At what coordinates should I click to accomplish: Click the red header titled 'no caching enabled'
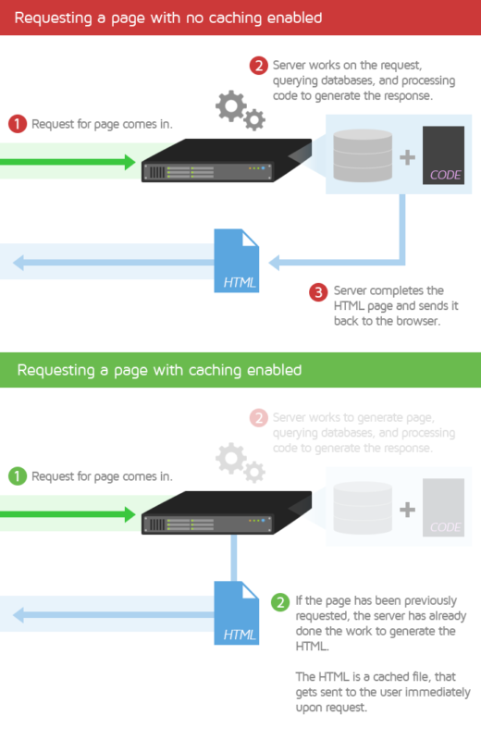(x=240, y=18)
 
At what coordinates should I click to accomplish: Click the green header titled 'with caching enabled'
(x=240, y=370)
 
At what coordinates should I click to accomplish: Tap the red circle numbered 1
(x=17, y=124)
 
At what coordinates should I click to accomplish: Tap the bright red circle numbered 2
(x=259, y=66)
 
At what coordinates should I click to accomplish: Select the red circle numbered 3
(x=317, y=292)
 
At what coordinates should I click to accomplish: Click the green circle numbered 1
(x=17, y=477)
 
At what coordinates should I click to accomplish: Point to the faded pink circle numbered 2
(x=259, y=418)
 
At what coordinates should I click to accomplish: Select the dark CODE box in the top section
(x=443, y=154)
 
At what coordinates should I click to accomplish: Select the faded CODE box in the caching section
(x=443, y=507)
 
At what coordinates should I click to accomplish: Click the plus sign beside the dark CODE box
(x=407, y=156)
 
